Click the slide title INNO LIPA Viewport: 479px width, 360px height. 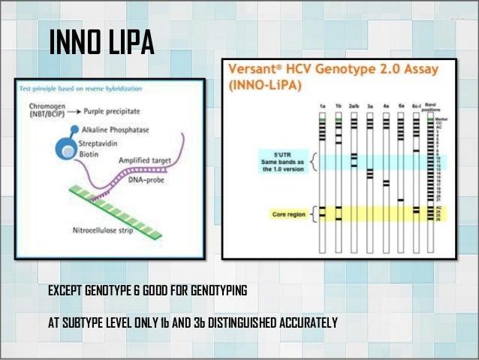101,43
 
